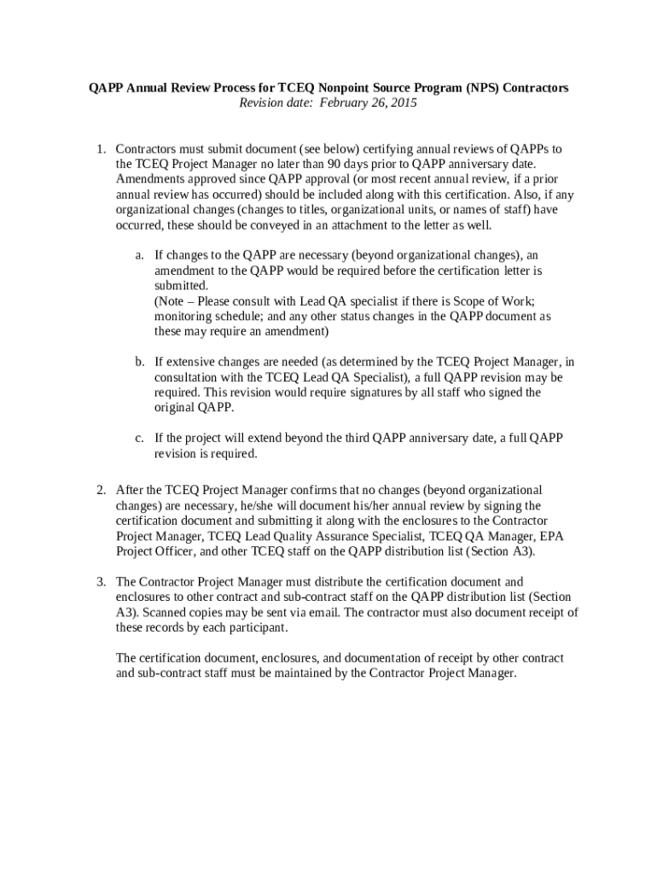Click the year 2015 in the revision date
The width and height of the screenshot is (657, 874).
pos(404,103)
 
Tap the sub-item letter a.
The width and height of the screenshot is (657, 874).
pos(138,254)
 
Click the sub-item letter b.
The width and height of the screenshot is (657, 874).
pos(138,362)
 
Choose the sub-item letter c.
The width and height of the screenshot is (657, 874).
pos(138,438)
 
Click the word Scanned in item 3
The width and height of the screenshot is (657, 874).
pos(160,612)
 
